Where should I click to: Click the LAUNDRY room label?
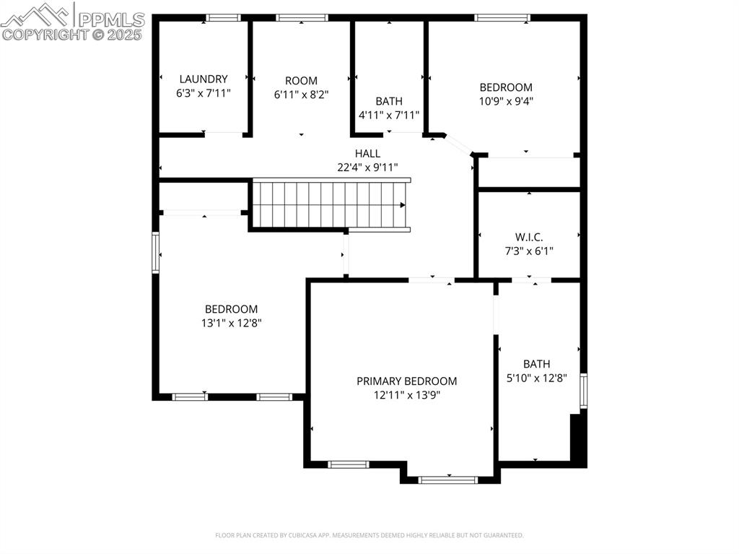point(204,79)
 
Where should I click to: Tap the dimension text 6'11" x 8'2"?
point(301,94)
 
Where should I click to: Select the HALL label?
point(367,153)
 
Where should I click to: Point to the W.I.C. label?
point(529,237)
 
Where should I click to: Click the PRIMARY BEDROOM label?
point(406,381)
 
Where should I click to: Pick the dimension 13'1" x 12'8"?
point(231,323)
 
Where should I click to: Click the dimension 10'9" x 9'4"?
point(506,101)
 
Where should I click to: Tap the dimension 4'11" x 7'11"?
point(389,115)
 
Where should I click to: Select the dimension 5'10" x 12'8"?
point(536,378)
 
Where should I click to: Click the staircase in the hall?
point(328,205)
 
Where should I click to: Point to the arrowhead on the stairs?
point(403,205)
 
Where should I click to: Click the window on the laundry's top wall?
point(223,18)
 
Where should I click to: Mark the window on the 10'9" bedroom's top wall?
point(502,18)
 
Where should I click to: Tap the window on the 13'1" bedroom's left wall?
point(155,252)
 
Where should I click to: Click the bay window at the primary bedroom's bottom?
point(448,479)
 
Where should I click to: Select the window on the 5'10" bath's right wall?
point(583,391)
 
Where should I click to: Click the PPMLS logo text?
point(112,19)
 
